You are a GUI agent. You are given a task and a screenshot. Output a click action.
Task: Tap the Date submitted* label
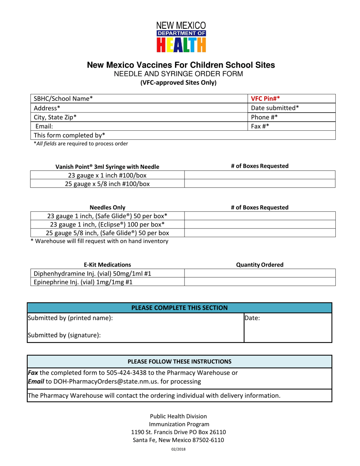[275, 108]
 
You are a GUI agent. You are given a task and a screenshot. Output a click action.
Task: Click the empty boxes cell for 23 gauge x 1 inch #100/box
[259, 175]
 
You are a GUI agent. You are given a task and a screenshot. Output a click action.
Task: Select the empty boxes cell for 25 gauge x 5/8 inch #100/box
[259, 184]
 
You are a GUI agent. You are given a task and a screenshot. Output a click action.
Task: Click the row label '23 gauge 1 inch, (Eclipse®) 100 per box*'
[107, 224]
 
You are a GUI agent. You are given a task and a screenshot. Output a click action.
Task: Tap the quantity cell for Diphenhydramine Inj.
[259, 273]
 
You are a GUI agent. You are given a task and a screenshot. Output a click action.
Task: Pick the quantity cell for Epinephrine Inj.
[259, 281]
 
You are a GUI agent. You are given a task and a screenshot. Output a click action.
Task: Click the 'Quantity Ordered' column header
[260, 264]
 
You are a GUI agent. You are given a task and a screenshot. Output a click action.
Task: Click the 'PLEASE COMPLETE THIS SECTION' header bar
[180, 307]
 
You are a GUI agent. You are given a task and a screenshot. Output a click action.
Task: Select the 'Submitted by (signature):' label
[64, 335]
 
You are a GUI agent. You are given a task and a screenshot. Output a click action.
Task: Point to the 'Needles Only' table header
[107, 207]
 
